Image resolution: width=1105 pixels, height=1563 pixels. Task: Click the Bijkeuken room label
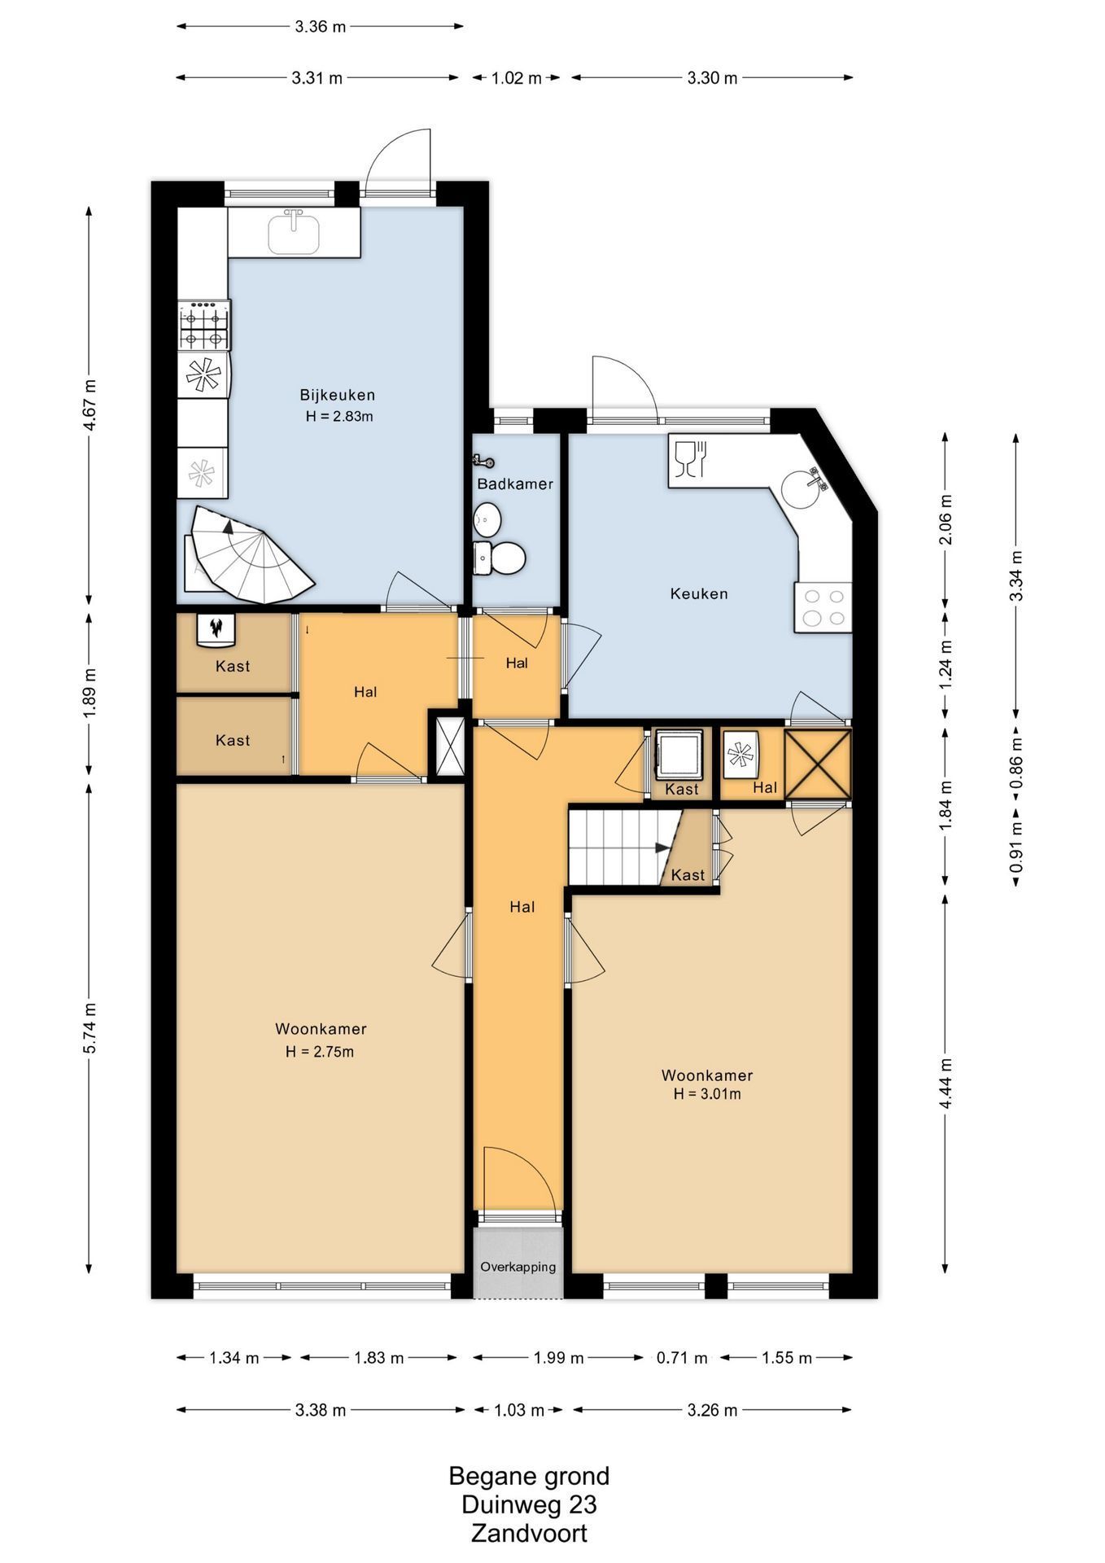pyautogui.click(x=337, y=395)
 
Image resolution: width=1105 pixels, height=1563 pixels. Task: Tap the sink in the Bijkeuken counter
pyautogui.click(x=294, y=231)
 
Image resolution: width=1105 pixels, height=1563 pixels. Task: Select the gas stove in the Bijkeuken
pyautogui.click(x=204, y=325)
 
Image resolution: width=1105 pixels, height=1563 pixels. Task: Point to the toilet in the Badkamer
pyautogui.click(x=500, y=558)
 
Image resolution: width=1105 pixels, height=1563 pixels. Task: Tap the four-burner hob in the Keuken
pyautogui.click(x=823, y=607)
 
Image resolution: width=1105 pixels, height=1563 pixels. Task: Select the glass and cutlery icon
pyautogui.click(x=691, y=458)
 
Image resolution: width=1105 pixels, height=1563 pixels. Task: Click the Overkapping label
pyautogui.click(x=518, y=1267)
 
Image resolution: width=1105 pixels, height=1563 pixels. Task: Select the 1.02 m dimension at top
pyautogui.click(x=517, y=78)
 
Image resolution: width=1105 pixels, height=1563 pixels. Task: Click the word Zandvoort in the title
pyautogui.click(x=529, y=1534)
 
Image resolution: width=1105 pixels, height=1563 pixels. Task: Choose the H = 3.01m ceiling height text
pyautogui.click(x=707, y=1094)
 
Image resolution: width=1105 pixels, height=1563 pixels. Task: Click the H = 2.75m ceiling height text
pyautogui.click(x=320, y=1052)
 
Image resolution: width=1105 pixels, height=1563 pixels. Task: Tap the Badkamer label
pyautogui.click(x=515, y=484)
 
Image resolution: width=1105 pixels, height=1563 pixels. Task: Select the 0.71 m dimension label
pyautogui.click(x=682, y=1358)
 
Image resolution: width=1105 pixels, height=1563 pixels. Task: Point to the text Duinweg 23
pyautogui.click(x=529, y=1504)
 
